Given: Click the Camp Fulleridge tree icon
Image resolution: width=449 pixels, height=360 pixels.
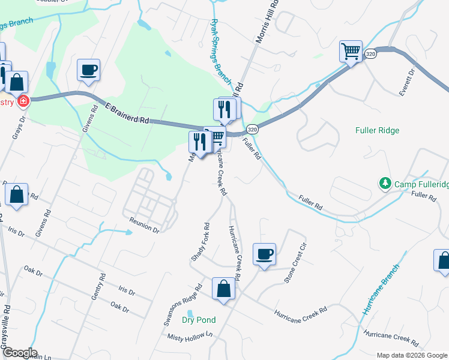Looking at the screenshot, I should (x=384, y=183).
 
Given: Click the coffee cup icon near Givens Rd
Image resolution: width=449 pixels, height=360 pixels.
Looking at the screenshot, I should (x=88, y=70).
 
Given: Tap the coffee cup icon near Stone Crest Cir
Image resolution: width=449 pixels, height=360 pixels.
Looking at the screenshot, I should (x=264, y=254).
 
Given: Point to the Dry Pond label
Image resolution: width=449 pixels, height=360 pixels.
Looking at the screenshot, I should (x=198, y=320).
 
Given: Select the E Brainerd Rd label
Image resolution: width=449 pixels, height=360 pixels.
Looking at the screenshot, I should (x=127, y=112).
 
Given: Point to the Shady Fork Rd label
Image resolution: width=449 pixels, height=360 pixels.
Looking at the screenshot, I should (x=200, y=242).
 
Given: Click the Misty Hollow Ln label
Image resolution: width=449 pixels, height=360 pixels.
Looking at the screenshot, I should (x=190, y=338).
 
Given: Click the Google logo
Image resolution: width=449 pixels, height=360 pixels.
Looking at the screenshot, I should (x=19, y=353).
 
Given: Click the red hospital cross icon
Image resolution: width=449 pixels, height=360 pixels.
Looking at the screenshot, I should (x=23, y=101).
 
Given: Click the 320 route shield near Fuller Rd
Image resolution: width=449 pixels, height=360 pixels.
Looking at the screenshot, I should (x=252, y=129).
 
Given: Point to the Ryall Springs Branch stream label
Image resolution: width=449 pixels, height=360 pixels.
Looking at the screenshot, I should (x=220, y=50).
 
